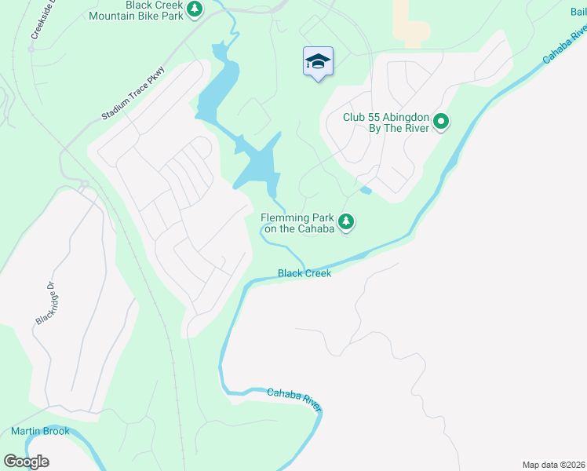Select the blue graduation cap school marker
pos(318,62)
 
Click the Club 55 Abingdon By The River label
pos(385,122)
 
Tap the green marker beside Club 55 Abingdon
pos(441,122)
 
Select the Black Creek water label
pos(304,273)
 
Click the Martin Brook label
pos(40,431)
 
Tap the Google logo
pos(26,462)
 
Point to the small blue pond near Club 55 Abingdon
pos(365,190)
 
